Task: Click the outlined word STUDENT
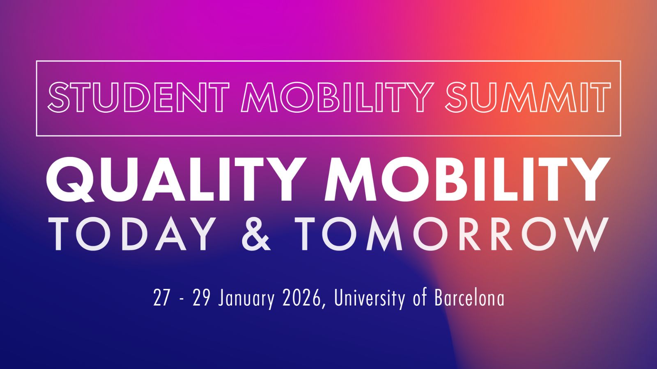138,97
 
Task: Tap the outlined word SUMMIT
528,97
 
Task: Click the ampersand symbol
256,234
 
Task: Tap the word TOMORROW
451,234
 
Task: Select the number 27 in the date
161,298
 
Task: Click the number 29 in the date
201,298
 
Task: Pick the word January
246,299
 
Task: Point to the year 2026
301,298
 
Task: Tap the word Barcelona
469,298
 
